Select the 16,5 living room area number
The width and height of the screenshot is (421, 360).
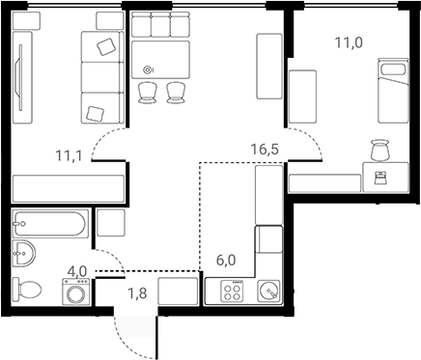click(265, 151)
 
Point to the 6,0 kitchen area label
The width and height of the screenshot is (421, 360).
click(226, 260)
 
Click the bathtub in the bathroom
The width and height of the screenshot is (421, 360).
click(51, 225)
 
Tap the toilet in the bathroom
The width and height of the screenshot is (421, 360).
click(28, 289)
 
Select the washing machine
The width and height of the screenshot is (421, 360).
click(75, 292)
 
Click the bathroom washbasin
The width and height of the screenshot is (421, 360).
click(23, 255)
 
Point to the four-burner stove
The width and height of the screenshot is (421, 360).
click(232, 291)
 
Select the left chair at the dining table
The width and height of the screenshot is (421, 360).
click(148, 92)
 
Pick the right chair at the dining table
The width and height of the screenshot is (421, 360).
click(175, 92)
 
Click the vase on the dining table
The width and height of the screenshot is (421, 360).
click(147, 69)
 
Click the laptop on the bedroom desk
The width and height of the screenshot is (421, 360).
click(379, 176)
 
